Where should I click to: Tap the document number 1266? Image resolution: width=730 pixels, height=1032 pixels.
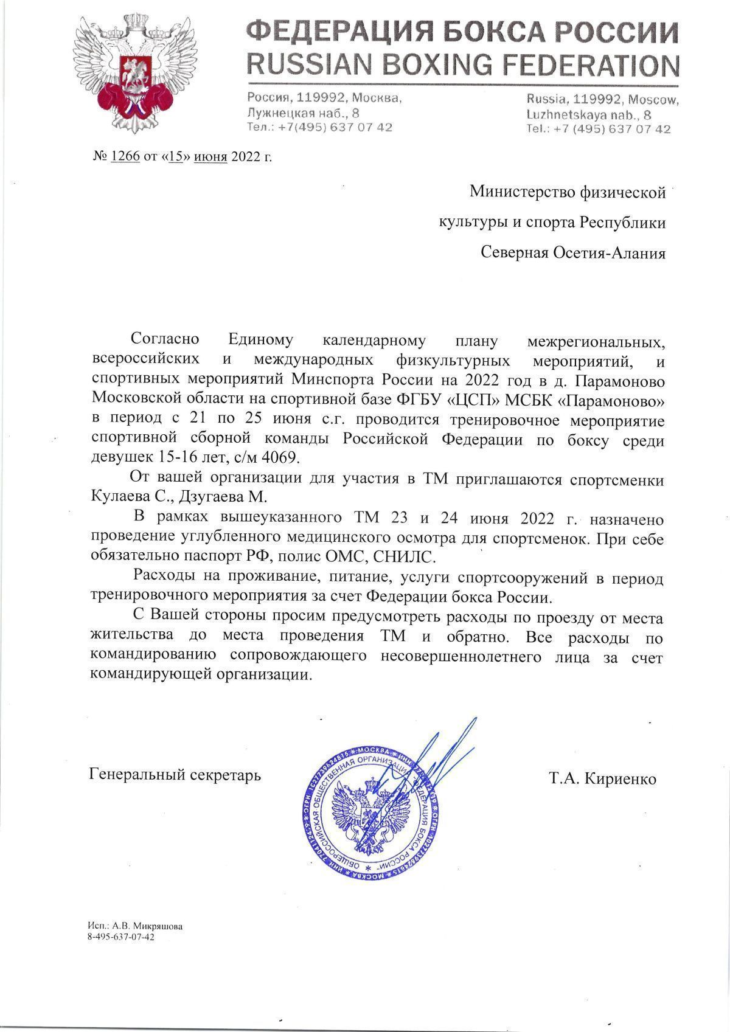[125, 157]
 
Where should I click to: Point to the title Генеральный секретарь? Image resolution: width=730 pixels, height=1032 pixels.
[175, 775]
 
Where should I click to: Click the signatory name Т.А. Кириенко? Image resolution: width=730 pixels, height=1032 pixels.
[602, 778]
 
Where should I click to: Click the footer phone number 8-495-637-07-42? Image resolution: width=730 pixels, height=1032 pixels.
[121, 937]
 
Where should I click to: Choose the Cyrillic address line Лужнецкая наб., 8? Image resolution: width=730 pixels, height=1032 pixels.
[303, 113]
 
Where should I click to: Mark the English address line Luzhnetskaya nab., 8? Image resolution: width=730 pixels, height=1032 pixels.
[589, 114]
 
